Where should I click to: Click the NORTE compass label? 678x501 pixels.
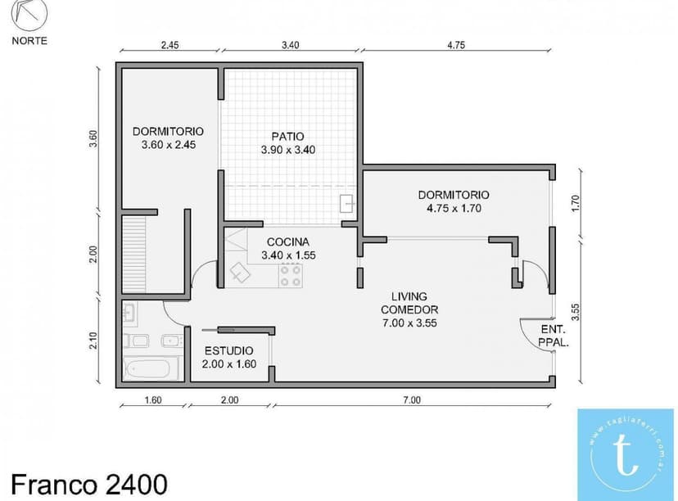coord(29,40)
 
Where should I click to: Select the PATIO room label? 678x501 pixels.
coord(287,142)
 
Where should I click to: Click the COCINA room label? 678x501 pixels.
coord(287,248)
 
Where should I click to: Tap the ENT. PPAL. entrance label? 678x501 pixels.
coord(554,336)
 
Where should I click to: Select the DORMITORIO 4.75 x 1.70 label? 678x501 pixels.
coord(453,201)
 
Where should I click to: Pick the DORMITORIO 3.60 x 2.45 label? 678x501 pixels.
coord(168,138)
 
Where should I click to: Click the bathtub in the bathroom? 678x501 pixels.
coord(151,368)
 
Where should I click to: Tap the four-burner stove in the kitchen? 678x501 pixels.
coord(290,275)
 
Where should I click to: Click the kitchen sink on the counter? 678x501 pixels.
coord(241,272)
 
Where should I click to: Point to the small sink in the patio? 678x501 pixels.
coord(347,203)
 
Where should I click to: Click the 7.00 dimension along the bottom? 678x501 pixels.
coord(411,400)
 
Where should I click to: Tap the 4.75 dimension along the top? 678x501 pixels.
coord(456,46)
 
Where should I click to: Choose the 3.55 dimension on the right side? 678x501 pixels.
coord(576,311)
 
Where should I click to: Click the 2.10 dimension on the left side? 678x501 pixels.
coord(93,339)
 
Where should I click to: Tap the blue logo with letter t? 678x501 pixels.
coord(625,454)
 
